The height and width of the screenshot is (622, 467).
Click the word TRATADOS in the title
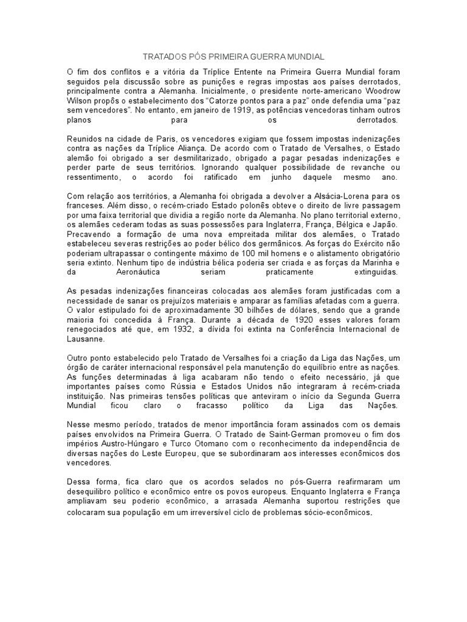pyautogui.click(x=162, y=56)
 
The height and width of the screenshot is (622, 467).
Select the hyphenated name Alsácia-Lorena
pyautogui.click(x=337, y=197)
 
